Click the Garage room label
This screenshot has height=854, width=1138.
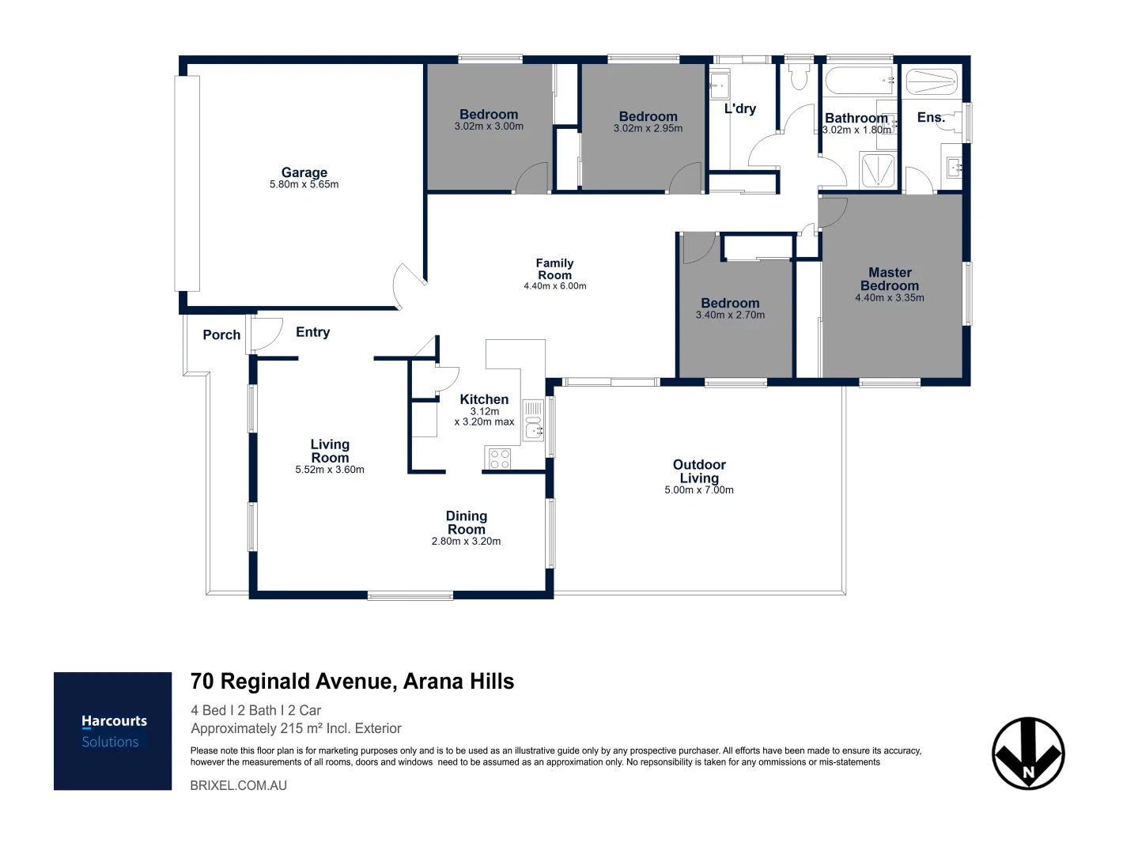(x=304, y=172)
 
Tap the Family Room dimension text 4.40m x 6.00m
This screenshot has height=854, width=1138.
(x=554, y=286)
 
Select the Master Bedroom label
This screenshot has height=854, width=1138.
(x=890, y=279)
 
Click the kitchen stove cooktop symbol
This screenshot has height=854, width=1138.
(x=499, y=458)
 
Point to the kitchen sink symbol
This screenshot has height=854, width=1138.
(x=534, y=427)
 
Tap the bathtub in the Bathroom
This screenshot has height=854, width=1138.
(x=859, y=81)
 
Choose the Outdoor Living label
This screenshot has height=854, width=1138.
(x=699, y=471)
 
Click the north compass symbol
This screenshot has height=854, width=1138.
(x=1028, y=754)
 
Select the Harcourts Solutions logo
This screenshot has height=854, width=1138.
(x=113, y=731)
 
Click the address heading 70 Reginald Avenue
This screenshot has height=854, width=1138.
(x=352, y=682)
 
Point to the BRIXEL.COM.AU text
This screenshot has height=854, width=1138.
(x=238, y=786)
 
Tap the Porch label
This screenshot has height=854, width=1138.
(x=221, y=334)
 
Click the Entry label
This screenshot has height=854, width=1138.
(x=312, y=332)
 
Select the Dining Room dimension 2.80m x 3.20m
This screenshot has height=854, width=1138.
(x=466, y=542)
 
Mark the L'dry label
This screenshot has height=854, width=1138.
(x=740, y=109)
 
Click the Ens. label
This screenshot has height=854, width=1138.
(x=931, y=118)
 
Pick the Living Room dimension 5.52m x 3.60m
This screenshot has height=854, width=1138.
(x=330, y=470)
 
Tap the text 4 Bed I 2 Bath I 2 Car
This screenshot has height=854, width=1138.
(x=256, y=710)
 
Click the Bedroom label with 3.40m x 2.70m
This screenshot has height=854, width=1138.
(x=730, y=303)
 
